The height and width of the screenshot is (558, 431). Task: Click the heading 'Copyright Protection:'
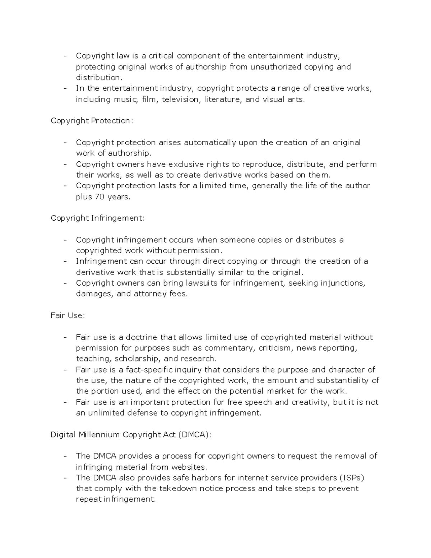point(92,121)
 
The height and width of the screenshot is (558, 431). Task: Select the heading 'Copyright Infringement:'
point(98,218)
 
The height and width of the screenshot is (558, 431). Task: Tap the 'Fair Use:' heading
point(68,315)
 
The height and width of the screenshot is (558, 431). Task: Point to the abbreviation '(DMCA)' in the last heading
point(194,435)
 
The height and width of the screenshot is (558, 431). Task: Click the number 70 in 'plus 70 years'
point(99,197)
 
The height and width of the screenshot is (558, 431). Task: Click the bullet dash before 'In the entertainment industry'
point(65,89)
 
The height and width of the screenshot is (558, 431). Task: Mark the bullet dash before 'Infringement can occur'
point(65,262)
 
